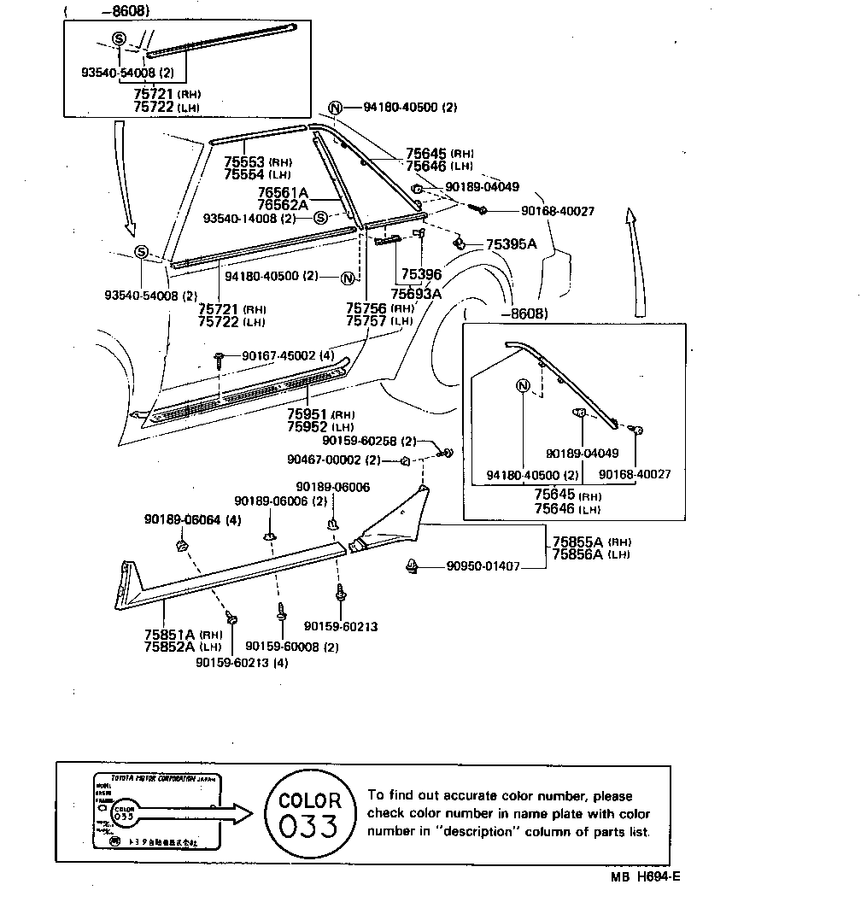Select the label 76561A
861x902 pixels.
[x=260, y=193]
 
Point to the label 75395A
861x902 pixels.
[x=511, y=244]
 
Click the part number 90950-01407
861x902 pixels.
[x=482, y=565]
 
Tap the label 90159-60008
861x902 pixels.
[x=280, y=647]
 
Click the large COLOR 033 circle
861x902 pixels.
[x=310, y=814]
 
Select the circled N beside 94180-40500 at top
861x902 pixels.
[x=335, y=108]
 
